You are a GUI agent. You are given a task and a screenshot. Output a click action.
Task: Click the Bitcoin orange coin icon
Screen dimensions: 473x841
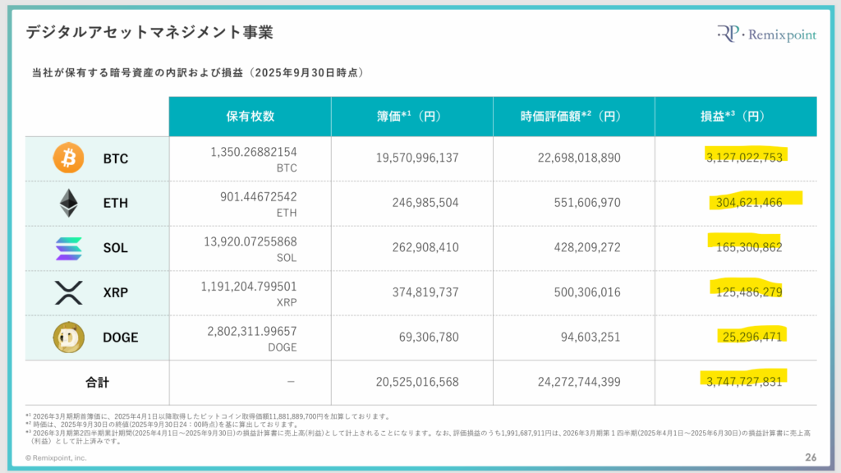pos(68,158)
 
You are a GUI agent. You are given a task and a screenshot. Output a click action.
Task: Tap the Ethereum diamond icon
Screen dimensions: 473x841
pos(68,202)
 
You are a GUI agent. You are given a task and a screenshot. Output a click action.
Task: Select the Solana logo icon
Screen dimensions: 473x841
pos(68,247)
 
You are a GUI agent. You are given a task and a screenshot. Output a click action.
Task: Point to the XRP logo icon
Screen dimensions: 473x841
pos(68,292)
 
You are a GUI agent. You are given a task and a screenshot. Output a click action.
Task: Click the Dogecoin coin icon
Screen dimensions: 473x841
pos(68,338)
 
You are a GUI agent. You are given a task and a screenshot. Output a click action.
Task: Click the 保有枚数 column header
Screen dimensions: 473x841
pos(250,117)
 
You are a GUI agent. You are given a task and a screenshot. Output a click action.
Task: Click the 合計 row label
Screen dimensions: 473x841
pos(97,382)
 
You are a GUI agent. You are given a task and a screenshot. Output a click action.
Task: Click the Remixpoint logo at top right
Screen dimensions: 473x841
pos(765,34)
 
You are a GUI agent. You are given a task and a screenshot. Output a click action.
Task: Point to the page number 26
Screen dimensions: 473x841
pos(810,457)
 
